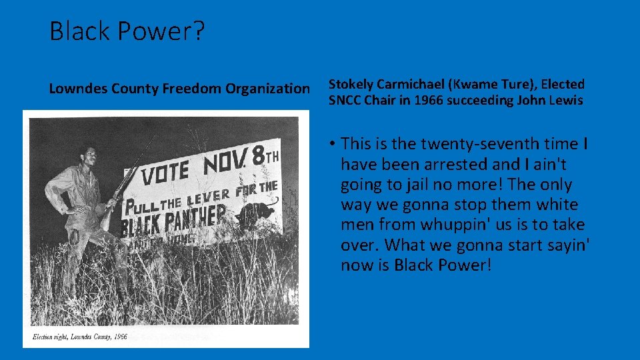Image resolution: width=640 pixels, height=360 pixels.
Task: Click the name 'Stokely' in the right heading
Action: coord(351,85)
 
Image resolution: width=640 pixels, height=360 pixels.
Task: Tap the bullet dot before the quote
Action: coord(331,144)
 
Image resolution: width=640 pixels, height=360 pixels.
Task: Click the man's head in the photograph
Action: coord(88,156)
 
